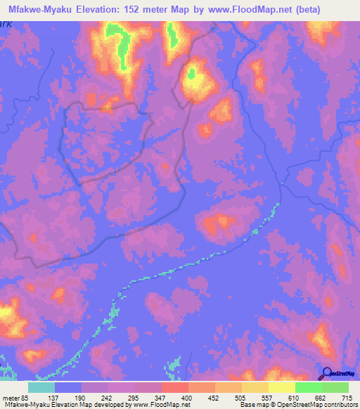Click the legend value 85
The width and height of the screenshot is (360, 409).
27,397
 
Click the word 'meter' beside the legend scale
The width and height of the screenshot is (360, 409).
11,397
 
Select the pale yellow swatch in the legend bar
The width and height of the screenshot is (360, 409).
282,387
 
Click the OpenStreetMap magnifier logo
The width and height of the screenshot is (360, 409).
326,372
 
